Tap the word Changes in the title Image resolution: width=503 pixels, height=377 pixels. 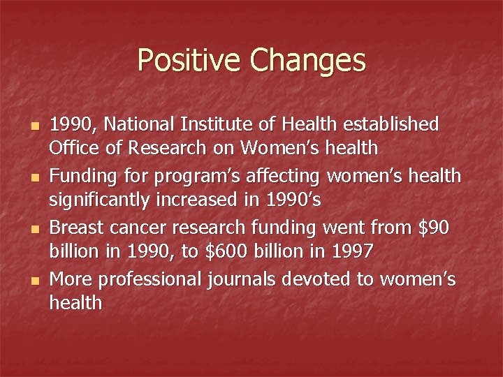coord(307,60)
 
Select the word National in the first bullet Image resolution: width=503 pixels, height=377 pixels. coord(143,124)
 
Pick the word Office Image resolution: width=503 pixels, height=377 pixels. coord(72,148)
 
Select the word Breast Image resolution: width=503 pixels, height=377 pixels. coord(75,227)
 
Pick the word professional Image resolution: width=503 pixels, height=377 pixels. coord(148,279)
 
